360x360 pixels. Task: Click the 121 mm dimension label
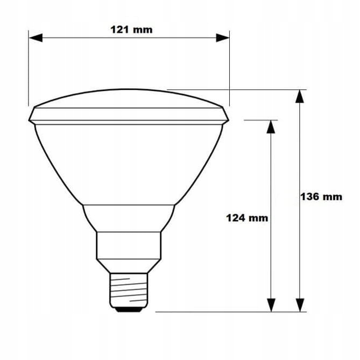pos(131,30)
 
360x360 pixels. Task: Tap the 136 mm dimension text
pos(321,196)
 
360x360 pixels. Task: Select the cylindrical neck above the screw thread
pos(129,245)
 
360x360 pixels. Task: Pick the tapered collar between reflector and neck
pos(129,217)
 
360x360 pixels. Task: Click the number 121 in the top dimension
pos(119,30)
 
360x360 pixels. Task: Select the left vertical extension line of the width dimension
pos(29,70)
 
